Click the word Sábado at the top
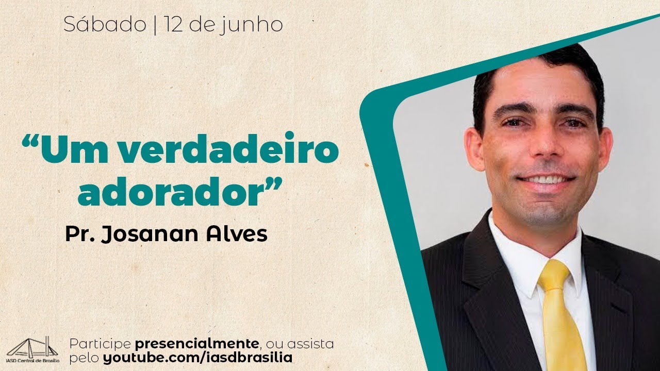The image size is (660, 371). coord(105,25)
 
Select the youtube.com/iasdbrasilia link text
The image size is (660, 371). coord(197,357)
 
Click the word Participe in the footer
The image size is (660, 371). coord(100,344)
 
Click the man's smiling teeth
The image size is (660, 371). coord(546,179)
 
